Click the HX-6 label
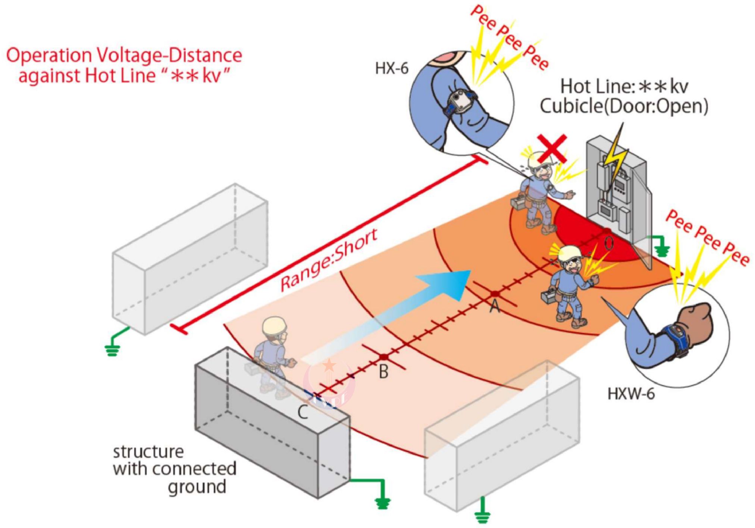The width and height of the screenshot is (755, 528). click(391, 69)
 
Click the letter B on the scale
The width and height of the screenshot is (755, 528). click(383, 372)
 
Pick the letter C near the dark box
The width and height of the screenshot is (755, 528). click(303, 413)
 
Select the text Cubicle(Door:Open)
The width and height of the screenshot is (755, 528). click(624, 107)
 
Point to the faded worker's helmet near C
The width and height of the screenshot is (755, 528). click(275, 328)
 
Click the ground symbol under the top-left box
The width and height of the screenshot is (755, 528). click(112, 350)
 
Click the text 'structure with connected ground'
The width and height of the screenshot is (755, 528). click(175, 469)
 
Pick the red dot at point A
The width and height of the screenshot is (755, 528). click(495, 294)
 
